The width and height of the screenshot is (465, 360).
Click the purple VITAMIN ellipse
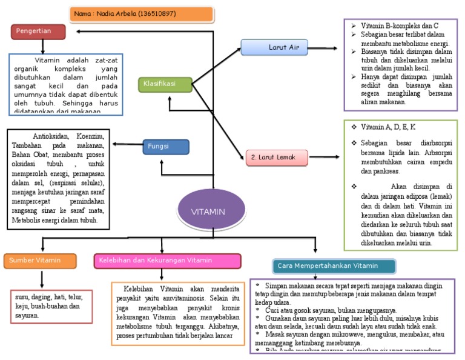coord(208,212)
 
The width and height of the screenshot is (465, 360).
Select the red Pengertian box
coord(38,31)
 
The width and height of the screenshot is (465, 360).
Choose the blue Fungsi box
coord(166,147)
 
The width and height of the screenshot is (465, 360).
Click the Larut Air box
coord(274,47)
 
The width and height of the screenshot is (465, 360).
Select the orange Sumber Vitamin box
coord(41,261)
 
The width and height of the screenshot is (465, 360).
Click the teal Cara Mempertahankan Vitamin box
coord(334,265)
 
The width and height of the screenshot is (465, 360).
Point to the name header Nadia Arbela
coord(142,14)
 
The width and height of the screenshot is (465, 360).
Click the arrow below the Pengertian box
coord(42,46)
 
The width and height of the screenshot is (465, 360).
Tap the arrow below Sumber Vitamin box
coord(42,279)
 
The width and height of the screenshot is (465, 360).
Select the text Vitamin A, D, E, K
coord(388,127)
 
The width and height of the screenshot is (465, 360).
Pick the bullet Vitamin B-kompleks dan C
coord(400,26)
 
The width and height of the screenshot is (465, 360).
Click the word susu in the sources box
coord(23,298)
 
